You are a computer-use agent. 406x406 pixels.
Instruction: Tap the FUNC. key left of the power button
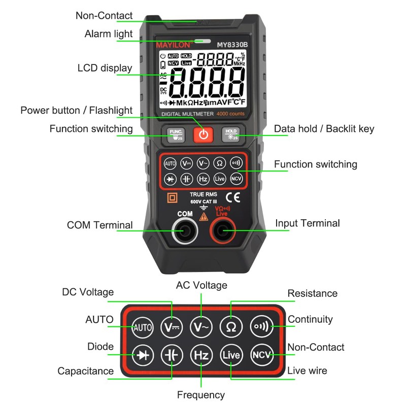coord(176,134)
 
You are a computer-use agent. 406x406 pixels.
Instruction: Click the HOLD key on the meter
coord(231,134)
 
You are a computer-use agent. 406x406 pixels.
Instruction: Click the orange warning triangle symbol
coord(204,217)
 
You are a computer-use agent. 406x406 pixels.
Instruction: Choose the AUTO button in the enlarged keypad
coord(143,327)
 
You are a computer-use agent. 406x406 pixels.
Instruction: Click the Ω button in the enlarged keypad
coord(231,327)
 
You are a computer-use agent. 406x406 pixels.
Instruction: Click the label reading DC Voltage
coord(88,292)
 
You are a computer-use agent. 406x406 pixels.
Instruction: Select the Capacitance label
coord(85,371)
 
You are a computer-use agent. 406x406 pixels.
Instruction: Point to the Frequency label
coord(201,395)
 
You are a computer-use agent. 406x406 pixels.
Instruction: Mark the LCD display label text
coord(105,68)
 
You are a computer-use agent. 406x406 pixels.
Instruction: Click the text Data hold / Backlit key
coord(324,129)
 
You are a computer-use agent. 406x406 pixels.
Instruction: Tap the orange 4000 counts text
coord(230,114)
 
